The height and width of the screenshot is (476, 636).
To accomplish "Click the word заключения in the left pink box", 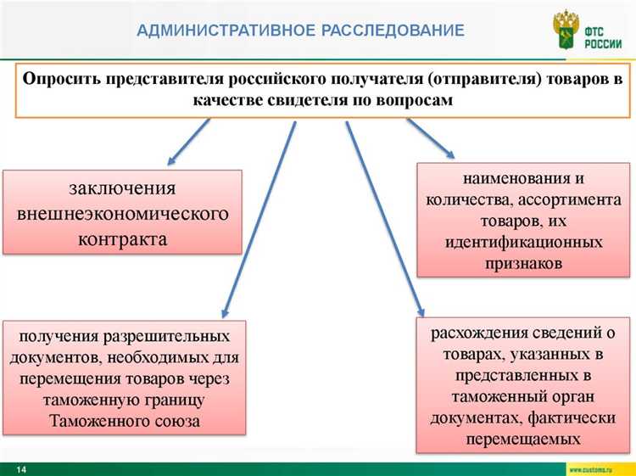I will (x=122, y=188).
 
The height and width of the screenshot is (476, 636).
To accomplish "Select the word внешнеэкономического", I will (x=123, y=212).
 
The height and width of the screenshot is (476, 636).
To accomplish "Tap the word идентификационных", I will (x=524, y=243).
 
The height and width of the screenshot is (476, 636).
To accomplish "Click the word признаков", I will (x=524, y=264).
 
